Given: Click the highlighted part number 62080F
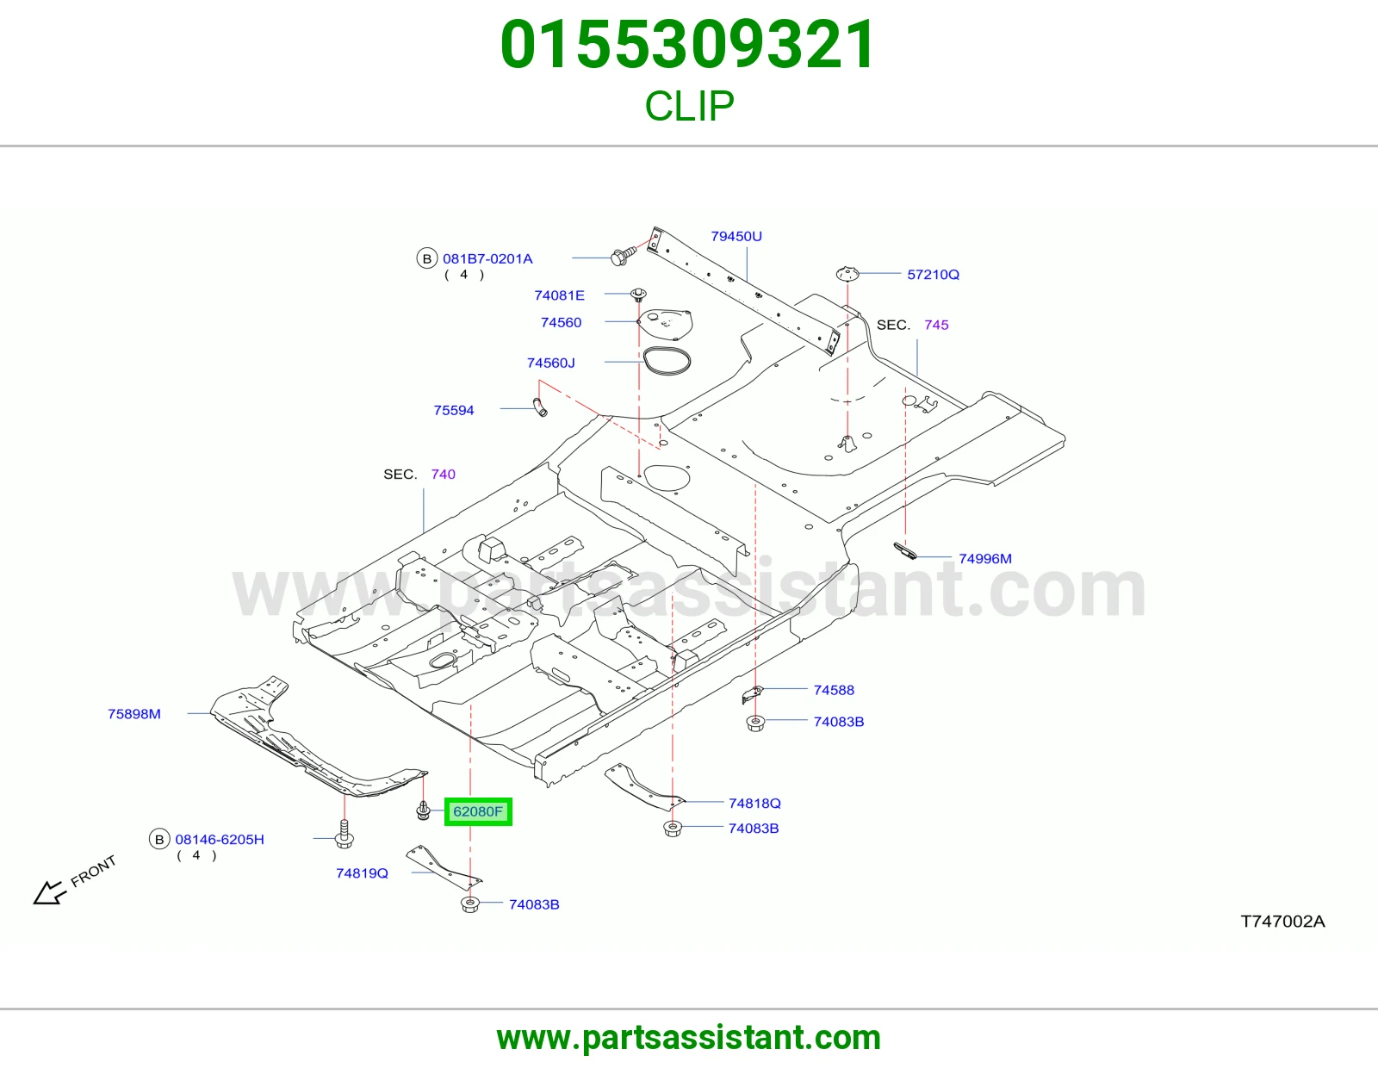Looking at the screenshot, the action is pos(477,811).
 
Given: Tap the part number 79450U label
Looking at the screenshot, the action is pos(736,237).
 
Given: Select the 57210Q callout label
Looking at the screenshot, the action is pos(933,275).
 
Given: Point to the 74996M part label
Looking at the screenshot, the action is pos(984,559).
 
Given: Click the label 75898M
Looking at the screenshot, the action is pos(134,714).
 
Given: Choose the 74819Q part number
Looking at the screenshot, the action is pos(362,873).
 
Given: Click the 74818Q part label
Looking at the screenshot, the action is pos(754,804).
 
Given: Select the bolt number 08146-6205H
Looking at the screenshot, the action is pos(220,840).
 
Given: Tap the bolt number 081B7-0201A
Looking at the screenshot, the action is pos(487,258).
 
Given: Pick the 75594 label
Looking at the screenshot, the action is pos(454,410).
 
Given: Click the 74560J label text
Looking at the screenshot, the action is pos(551,363).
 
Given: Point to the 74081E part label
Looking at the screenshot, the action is pos(559,295).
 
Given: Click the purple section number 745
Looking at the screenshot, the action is pos(937,325).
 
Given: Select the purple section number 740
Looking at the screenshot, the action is pos(444,475).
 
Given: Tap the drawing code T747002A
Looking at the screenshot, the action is pos(1283,922).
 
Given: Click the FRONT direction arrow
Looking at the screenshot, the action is pos(49,892).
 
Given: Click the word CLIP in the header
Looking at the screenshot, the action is pos(689,106).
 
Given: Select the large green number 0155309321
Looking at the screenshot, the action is pos(688,45).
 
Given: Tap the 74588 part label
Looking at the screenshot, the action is pos(834,690).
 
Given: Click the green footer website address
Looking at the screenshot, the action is pos(689,1038).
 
